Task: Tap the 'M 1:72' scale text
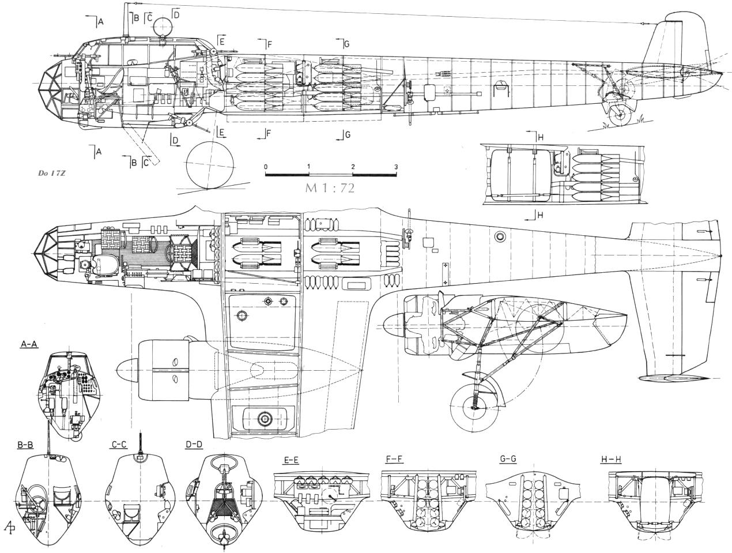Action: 331,188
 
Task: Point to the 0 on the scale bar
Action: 266,167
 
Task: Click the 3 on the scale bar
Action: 395,167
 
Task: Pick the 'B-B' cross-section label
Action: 25,445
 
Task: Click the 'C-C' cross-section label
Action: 119,445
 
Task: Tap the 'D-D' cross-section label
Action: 194,445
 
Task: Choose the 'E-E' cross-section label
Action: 292,461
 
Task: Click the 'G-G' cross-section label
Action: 508,461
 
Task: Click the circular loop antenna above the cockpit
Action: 163,25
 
